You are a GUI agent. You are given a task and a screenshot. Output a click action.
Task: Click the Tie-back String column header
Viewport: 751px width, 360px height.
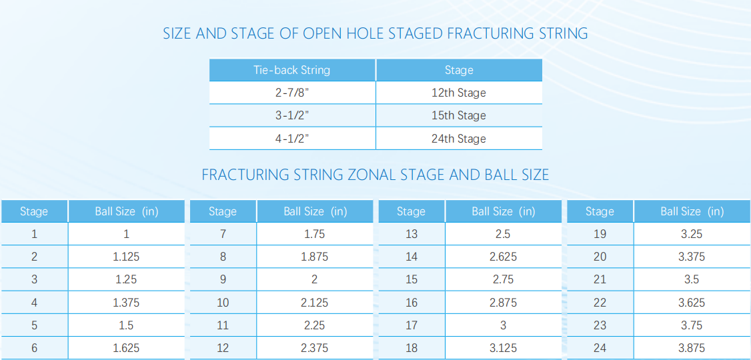click(x=292, y=70)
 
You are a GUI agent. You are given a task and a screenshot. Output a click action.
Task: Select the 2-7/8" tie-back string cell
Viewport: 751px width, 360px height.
click(x=292, y=93)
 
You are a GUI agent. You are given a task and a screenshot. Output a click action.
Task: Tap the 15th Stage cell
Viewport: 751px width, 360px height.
click(x=459, y=115)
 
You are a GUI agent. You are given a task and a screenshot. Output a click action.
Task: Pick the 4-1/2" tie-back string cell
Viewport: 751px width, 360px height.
click(x=292, y=139)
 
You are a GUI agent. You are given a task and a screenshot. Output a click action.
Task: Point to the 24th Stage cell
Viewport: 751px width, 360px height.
click(x=459, y=139)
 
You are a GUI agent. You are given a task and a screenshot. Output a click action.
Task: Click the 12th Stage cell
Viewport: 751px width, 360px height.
click(x=459, y=93)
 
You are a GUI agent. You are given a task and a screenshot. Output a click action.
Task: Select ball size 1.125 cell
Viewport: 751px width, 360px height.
click(x=127, y=257)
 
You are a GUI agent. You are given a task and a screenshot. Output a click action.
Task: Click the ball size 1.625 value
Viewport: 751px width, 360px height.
click(x=127, y=348)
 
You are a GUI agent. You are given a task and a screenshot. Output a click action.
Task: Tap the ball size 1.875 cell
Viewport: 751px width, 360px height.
click(x=315, y=257)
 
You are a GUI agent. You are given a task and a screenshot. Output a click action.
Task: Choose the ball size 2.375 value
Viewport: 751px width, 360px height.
click(x=315, y=348)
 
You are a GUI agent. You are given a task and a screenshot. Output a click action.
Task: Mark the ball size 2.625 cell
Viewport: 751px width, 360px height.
click(x=504, y=257)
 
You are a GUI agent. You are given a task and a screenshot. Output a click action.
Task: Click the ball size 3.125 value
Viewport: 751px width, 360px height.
click(x=504, y=348)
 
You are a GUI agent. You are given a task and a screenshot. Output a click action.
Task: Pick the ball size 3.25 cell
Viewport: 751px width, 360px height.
click(x=692, y=234)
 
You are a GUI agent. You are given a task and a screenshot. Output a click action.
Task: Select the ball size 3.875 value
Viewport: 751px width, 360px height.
click(x=692, y=348)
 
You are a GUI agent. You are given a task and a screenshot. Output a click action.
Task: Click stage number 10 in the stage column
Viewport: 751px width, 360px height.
click(x=223, y=303)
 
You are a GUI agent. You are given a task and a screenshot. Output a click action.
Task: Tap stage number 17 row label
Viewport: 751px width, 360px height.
click(x=412, y=325)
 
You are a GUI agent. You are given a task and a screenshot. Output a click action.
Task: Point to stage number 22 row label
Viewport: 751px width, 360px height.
click(x=600, y=303)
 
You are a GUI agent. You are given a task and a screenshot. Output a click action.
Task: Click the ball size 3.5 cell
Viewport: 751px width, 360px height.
click(x=692, y=279)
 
